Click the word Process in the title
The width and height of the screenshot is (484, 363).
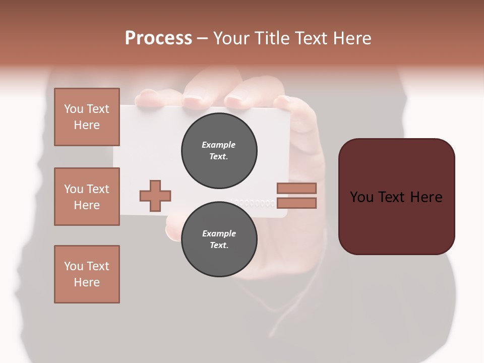point(158,38)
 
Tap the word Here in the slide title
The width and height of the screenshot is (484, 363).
point(351,38)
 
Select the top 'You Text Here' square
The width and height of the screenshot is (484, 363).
point(87,117)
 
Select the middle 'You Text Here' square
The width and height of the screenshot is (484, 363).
point(87,197)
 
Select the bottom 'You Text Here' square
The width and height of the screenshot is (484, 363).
point(87,274)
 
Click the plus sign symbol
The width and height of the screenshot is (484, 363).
point(155,196)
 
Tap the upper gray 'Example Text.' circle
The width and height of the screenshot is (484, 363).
point(219,151)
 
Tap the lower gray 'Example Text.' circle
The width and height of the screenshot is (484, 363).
point(219,239)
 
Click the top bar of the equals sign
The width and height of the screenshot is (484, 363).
point(296,188)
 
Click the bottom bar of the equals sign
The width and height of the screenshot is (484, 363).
point(296,203)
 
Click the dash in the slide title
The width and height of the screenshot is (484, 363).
point(203,39)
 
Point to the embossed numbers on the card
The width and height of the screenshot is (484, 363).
point(255,203)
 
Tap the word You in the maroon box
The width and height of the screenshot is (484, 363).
point(362,197)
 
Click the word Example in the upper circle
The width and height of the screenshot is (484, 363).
point(219,145)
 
